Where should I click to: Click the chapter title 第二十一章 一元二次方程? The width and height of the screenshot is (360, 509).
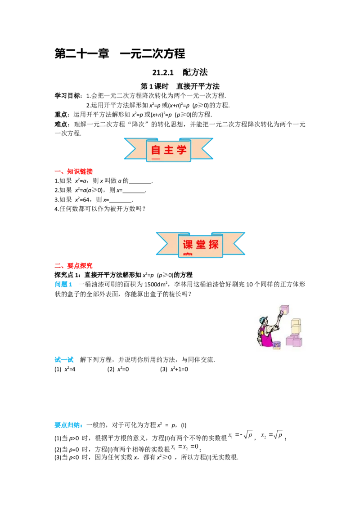coord(120,54)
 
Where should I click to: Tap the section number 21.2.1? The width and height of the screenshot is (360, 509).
coord(163,72)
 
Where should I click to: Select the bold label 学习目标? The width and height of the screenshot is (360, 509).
coord(67,96)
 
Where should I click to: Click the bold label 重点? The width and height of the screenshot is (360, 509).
coord(61,115)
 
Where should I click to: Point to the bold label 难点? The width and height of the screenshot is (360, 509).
coord(61,125)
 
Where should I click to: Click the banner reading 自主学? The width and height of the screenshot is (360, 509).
coord(169,150)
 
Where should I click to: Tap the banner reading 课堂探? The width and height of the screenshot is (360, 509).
coord(200,245)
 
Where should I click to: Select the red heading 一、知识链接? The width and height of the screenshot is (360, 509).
coord(74,171)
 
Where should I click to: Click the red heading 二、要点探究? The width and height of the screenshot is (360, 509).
coord(74,266)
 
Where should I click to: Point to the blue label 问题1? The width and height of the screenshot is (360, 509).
coord(63,284)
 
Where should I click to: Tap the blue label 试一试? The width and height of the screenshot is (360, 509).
coord(64,360)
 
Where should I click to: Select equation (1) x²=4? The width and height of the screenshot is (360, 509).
coord(65,369)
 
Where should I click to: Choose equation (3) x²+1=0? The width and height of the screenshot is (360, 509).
coord(174,369)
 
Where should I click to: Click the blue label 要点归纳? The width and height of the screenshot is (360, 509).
coord(67,425)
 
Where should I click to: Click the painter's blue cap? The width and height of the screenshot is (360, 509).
coord(263,319)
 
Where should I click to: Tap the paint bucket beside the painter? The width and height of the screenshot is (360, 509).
coord(277,345)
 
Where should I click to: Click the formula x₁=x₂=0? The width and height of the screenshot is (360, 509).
coord(184,447)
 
